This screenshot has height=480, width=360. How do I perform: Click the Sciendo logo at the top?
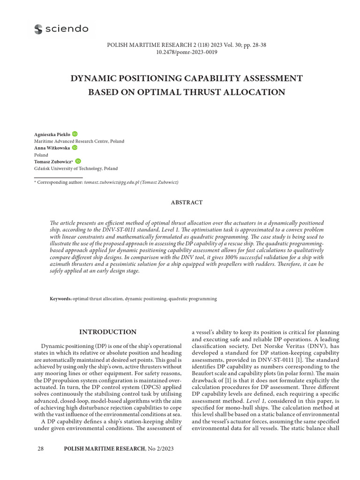click(61, 29)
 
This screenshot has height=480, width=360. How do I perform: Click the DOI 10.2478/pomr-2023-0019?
click(187, 52)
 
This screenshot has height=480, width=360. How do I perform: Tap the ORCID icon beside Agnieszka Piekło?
click(75, 134)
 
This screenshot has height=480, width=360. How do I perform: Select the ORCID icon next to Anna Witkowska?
click(74, 148)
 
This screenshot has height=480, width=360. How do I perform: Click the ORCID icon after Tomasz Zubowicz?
click(78, 161)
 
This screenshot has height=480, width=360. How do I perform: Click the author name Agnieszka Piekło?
click(52, 135)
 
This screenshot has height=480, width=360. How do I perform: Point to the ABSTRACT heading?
click(187, 202)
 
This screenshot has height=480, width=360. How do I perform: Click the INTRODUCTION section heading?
click(108, 332)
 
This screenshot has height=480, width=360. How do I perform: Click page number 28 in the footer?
click(40, 449)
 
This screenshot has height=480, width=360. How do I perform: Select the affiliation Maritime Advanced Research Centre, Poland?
click(79, 141)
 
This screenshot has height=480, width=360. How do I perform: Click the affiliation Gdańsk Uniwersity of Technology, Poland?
click(76, 168)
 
